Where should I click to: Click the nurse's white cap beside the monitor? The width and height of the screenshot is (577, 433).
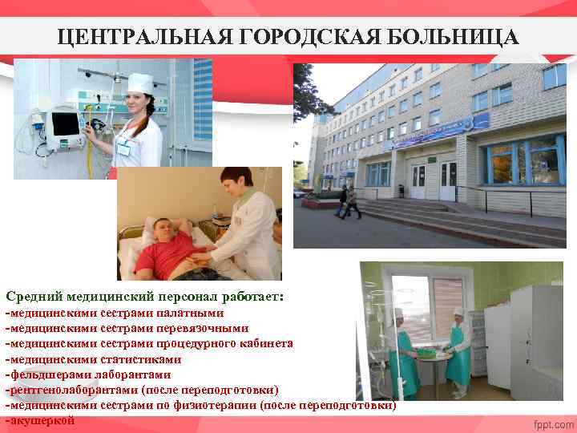click(x=139, y=82)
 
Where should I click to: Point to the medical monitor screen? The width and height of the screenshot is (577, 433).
click(x=65, y=124)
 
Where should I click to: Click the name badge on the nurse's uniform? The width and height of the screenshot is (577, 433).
click(x=124, y=148)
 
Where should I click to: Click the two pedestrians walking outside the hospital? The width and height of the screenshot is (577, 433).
click(x=348, y=201)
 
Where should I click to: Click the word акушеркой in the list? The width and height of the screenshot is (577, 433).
click(x=43, y=420)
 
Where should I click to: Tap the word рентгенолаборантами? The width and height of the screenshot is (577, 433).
click(x=72, y=390)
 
